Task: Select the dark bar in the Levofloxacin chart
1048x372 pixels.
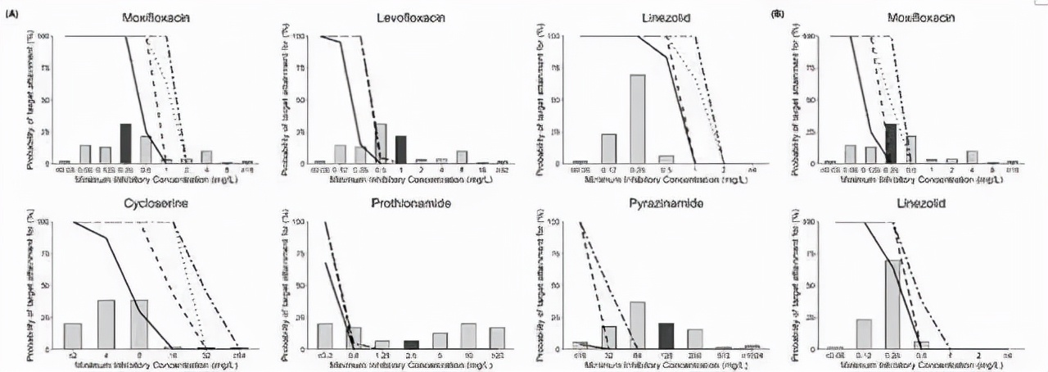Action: (401, 149)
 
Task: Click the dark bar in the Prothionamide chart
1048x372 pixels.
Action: (411, 344)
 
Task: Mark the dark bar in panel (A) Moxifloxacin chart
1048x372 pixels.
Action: (125, 143)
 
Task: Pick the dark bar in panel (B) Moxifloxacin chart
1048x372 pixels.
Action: (891, 143)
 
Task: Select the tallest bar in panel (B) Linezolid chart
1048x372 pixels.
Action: (892, 304)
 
